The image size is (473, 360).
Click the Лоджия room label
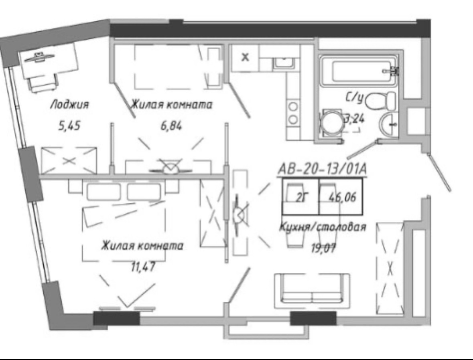pos(69,105)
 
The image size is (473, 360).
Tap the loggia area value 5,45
pos(69,125)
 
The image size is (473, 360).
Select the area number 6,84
pos(171,125)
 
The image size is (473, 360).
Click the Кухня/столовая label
pos(323,227)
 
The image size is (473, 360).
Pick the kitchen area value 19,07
pos(323,248)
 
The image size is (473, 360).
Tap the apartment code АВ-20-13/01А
pos(322,169)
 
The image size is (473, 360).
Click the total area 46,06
pos(342,197)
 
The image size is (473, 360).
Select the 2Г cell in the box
pos(301,198)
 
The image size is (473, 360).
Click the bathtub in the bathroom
pos(359,71)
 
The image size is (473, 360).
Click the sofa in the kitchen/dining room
pos(312,291)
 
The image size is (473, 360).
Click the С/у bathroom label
pos(354,98)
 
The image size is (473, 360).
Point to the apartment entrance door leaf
pos(440,172)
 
